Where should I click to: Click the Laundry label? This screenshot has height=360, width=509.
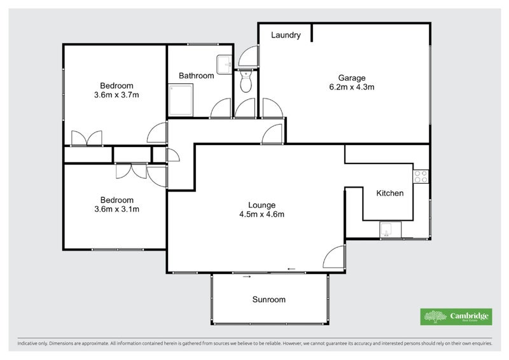[x=286, y=35]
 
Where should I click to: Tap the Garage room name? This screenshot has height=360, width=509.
[x=347, y=78]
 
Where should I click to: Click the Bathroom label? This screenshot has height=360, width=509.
[x=196, y=76]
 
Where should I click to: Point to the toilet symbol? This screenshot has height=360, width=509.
[x=246, y=81]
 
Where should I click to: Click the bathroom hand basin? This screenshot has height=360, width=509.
[x=224, y=64]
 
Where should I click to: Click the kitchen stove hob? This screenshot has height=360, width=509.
[x=421, y=176]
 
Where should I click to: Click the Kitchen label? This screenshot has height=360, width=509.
[x=390, y=193]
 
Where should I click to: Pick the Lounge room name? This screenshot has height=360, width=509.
[x=261, y=205]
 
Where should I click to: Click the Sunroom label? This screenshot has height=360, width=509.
[x=268, y=300]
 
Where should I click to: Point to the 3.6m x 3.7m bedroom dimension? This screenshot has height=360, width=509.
[x=116, y=95]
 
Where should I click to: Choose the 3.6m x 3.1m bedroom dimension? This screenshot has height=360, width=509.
[x=116, y=209]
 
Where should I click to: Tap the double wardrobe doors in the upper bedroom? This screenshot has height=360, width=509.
[x=87, y=138]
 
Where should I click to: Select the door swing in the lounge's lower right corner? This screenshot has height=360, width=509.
[x=335, y=258]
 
